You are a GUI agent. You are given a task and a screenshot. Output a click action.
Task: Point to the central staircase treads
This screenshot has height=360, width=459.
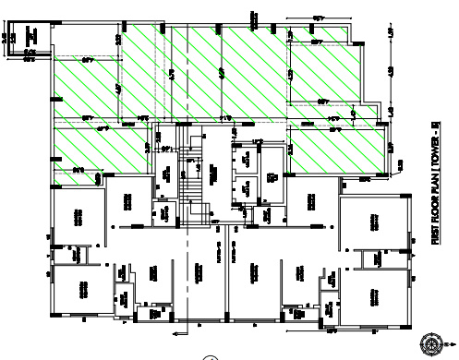[191, 170]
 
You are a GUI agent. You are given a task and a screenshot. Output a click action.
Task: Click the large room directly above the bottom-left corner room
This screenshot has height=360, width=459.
[78, 216]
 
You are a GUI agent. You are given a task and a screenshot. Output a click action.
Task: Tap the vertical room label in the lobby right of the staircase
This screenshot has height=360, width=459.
[211, 172]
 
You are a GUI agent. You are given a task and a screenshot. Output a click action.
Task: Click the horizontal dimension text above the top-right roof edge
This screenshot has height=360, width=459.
[318, 18]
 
